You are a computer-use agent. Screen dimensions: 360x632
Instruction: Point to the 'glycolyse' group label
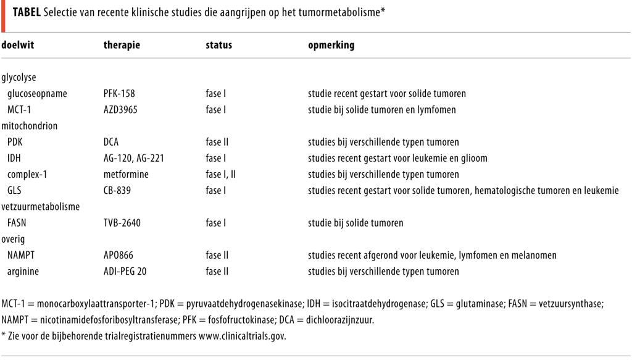pos(20,78)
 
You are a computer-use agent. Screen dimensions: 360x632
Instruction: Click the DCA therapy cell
pos(111,142)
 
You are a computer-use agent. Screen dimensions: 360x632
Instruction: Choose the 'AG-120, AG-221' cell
pos(133,158)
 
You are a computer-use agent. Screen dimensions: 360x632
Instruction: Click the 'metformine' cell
pos(126,174)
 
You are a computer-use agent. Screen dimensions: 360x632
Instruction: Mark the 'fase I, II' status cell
pos(220,174)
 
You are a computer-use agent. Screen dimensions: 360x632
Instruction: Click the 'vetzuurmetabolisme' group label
pos(41,206)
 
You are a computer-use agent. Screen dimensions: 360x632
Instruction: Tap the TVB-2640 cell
pos(122,222)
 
